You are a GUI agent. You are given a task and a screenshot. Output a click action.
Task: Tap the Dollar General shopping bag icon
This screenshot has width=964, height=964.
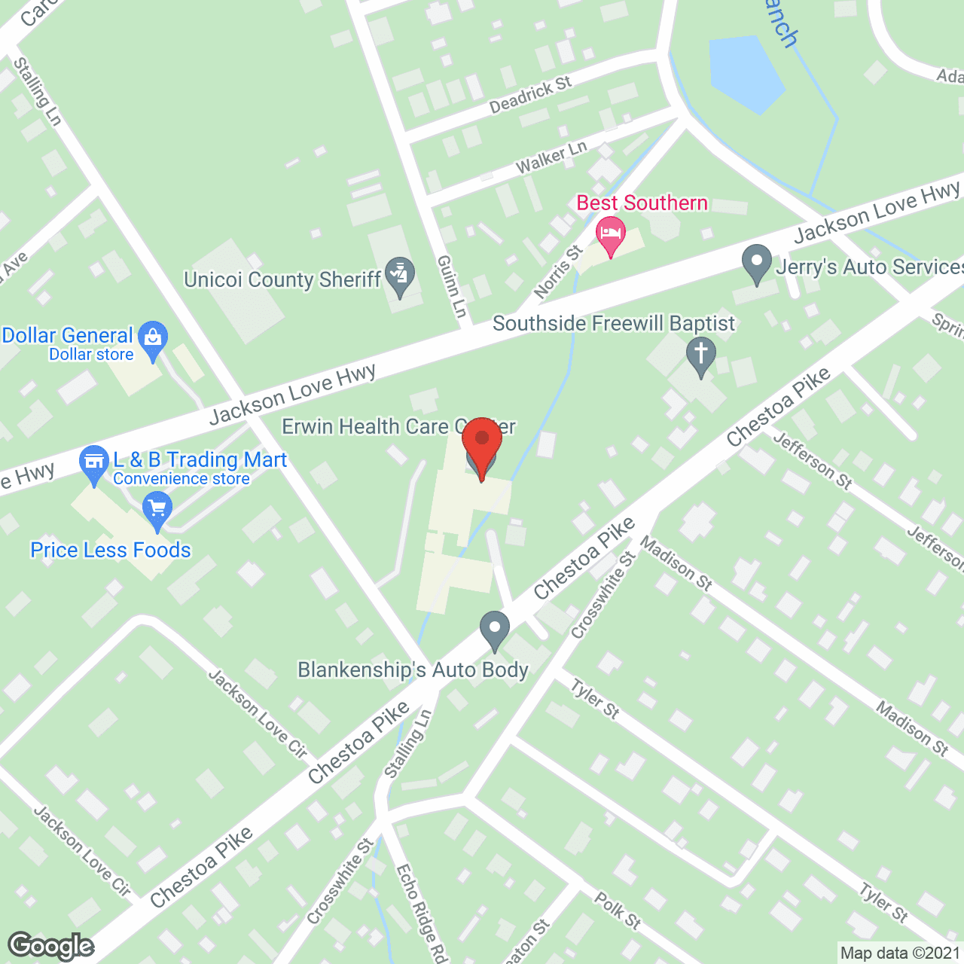pos(154,340)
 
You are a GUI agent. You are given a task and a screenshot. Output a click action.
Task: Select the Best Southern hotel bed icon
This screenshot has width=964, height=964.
pos(611,233)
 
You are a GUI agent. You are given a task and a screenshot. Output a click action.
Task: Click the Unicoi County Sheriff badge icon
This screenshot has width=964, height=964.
pos(399,276)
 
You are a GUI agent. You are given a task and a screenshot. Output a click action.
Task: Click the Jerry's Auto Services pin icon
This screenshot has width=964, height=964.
pos(756,264)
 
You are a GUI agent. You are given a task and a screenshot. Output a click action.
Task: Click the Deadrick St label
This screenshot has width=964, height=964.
pos(530,95)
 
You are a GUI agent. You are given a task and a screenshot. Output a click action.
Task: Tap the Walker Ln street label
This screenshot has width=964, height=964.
pos(551,157)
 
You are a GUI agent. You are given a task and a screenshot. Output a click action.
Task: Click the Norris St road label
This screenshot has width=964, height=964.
pos(558,271)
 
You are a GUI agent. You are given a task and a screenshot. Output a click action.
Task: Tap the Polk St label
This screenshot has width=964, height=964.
pos(618,911)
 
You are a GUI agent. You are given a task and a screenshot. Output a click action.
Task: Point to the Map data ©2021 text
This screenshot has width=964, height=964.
pos(900,953)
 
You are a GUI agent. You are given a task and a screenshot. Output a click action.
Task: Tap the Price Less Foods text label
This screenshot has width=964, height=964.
pos(111,551)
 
